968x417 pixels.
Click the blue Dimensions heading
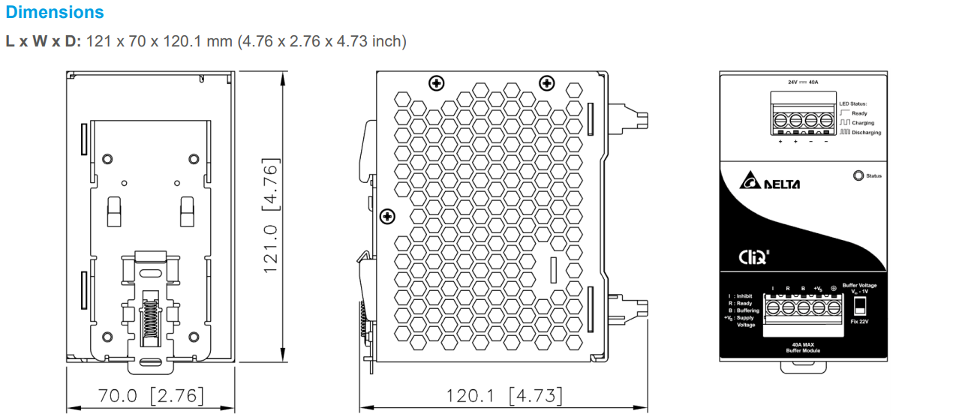(x=55, y=13)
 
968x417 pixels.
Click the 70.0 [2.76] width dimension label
(x=151, y=395)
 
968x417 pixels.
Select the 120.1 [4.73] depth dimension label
(x=504, y=395)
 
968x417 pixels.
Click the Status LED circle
(x=858, y=176)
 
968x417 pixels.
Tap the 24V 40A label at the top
(x=802, y=82)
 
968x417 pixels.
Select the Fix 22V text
(x=860, y=321)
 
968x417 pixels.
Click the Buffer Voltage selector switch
(x=860, y=305)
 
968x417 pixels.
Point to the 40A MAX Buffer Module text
(x=802, y=347)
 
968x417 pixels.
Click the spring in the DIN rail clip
(x=152, y=322)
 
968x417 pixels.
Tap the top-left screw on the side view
(x=436, y=82)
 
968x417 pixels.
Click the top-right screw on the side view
(x=547, y=82)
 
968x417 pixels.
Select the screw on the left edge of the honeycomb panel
(x=388, y=217)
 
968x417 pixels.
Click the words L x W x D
(x=43, y=41)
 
